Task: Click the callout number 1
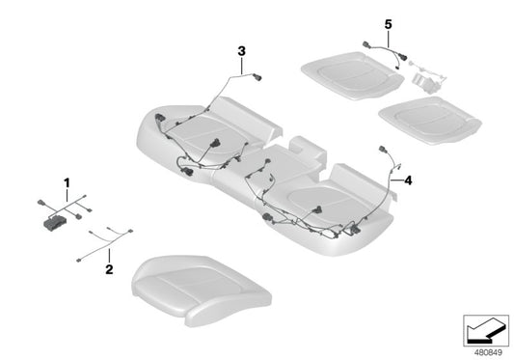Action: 68,182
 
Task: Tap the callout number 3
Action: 243,50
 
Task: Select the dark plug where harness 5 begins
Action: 366,42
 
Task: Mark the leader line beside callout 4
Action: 397,180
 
